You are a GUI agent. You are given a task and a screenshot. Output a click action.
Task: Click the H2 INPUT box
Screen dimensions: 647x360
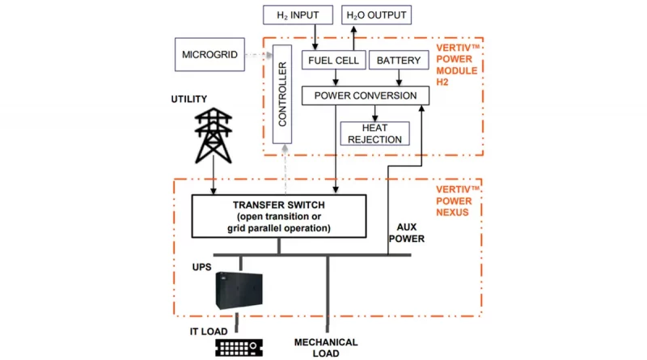pyautogui.click(x=298, y=15)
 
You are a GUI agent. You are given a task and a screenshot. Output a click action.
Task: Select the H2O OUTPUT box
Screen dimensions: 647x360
pyautogui.click(x=376, y=15)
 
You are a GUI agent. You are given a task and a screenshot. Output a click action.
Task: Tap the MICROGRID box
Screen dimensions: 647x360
pyautogui.click(x=209, y=54)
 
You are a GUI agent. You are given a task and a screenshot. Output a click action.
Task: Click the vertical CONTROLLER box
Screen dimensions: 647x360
pyautogui.click(x=282, y=94)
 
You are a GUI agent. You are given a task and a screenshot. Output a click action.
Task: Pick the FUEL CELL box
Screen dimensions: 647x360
pyautogui.click(x=333, y=61)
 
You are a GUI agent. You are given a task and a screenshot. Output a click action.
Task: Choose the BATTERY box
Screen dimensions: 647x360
pyautogui.click(x=399, y=61)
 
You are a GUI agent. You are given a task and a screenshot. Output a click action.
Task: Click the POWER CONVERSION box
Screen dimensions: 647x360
pyautogui.click(x=366, y=95)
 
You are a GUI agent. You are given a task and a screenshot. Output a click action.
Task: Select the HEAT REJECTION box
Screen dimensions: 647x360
pyautogui.click(x=374, y=133)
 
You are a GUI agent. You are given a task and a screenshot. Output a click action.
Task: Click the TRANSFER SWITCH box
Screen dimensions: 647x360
pyautogui.click(x=279, y=216)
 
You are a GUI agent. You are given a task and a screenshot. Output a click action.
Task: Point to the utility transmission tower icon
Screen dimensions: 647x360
pyautogui.click(x=214, y=136)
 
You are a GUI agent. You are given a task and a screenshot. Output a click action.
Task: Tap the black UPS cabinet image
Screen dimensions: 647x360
pyautogui.click(x=239, y=290)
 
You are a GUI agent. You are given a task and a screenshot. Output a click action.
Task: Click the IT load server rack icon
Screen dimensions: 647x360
pyautogui.click(x=239, y=348)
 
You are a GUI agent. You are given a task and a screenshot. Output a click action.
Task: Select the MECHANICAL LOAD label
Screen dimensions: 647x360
pyautogui.click(x=326, y=348)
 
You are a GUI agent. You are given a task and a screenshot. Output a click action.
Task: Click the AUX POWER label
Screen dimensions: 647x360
pyautogui.click(x=407, y=233)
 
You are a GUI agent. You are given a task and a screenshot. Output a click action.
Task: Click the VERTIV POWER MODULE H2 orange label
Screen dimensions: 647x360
pyautogui.click(x=457, y=65)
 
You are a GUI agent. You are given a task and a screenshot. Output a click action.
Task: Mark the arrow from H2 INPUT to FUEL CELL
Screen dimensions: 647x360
pyautogui.click(x=315, y=37)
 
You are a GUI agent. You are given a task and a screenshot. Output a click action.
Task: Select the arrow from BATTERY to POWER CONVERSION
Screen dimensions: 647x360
pyautogui.click(x=399, y=78)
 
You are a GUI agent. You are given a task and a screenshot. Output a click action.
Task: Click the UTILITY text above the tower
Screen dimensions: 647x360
pyautogui.click(x=189, y=99)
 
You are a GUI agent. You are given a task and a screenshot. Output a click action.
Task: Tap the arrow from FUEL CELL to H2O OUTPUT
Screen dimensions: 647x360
pyautogui.click(x=353, y=38)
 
